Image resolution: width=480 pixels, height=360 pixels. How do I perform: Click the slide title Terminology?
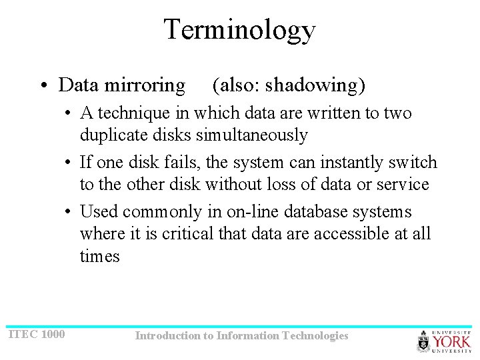239,30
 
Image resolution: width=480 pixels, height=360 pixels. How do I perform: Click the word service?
401,184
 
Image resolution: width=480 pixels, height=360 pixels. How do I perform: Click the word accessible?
347,234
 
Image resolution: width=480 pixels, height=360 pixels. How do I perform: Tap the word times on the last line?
100,256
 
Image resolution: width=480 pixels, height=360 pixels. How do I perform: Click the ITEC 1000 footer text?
37,333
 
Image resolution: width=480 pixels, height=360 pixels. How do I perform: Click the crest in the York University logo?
424,342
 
